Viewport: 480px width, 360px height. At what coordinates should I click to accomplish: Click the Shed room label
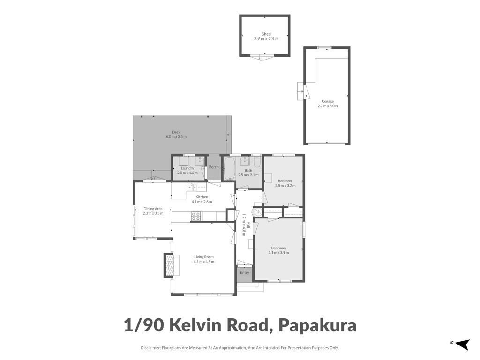coord(266,34)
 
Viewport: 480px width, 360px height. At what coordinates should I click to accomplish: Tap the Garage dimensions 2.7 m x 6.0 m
coord(328,106)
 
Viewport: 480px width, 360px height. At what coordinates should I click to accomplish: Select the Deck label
coord(176,132)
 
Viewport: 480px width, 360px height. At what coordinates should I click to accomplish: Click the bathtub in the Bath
coord(229,169)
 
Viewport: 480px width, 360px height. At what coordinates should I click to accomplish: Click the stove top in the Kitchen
coord(196,216)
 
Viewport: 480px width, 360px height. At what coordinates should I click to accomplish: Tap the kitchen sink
coord(192,187)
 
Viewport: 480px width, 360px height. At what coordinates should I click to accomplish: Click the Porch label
coord(214,167)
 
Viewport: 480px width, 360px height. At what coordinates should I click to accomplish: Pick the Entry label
coord(244,272)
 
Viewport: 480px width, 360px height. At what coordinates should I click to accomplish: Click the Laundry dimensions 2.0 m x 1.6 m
coord(187,172)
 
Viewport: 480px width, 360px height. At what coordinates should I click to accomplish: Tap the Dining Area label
coord(153,209)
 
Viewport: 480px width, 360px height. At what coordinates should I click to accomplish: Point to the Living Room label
coord(204,257)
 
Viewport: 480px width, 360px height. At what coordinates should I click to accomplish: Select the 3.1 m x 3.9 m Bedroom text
coord(278,253)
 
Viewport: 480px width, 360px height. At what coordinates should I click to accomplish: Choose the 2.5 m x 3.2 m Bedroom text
coord(285,186)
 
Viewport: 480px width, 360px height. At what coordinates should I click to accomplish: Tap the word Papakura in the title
coord(317,325)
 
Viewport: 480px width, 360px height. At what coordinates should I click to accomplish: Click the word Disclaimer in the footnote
coord(150,348)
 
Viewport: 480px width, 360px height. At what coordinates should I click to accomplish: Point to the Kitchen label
coord(202,197)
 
